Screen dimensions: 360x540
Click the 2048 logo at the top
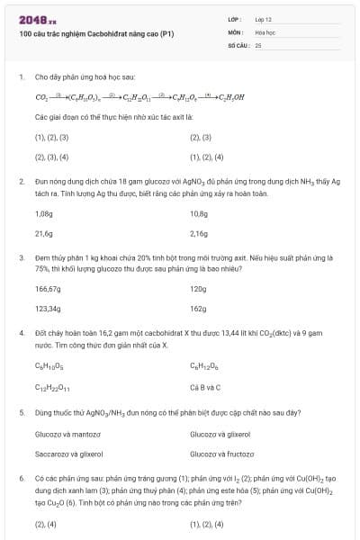click(x=37, y=17)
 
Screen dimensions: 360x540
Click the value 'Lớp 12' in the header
click(x=263, y=18)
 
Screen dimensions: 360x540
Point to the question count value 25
click(x=258, y=44)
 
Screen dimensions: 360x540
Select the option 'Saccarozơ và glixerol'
click(x=68, y=454)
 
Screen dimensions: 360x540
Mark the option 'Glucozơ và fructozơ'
click(x=220, y=454)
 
